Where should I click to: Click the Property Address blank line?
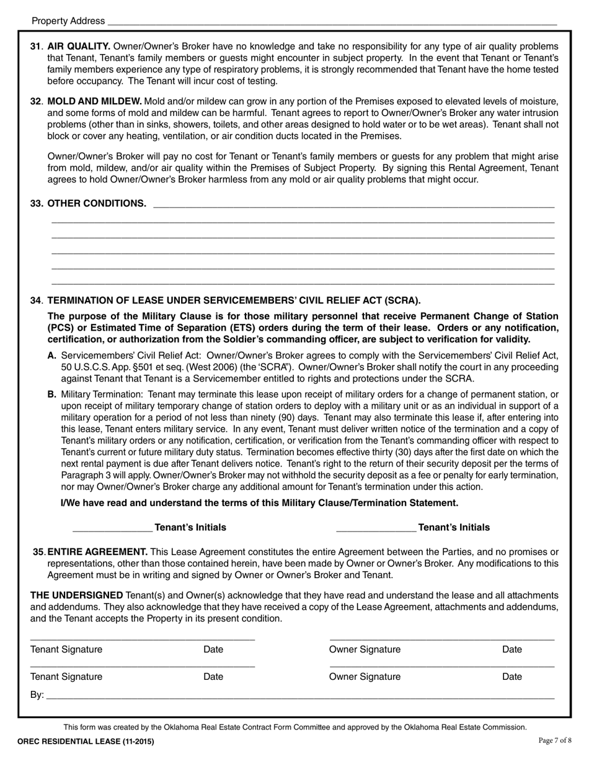[x=332, y=22]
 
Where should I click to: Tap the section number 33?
[x=37, y=203]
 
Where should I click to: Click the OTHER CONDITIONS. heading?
[x=97, y=203]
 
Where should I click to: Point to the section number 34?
[x=36, y=301]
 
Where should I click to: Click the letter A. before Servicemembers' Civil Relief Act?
[x=52, y=355]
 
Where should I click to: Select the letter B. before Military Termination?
[x=52, y=395]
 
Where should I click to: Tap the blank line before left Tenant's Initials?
[x=112, y=529]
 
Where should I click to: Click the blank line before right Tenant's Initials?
[x=376, y=529]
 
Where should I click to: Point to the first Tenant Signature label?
[x=66, y=649]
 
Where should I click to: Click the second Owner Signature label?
[x=365, y=677]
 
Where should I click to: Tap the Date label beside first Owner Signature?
[x=511, y=649]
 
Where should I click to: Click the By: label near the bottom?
[x=37, y=695]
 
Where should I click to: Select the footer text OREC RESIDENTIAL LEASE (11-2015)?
[x=86, y=741]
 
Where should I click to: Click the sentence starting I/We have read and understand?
[x=259, y=503]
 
